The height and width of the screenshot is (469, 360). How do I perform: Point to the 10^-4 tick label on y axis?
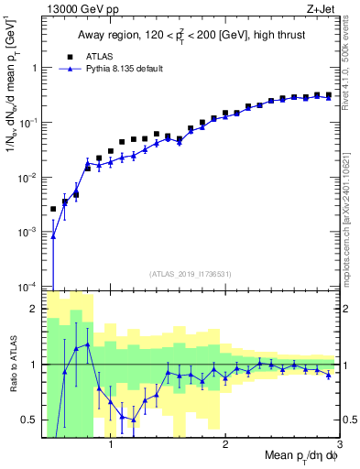[26, 287]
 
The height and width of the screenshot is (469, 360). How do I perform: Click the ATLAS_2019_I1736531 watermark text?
[190, 274]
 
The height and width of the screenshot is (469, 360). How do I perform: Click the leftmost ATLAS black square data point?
[53, 209]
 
